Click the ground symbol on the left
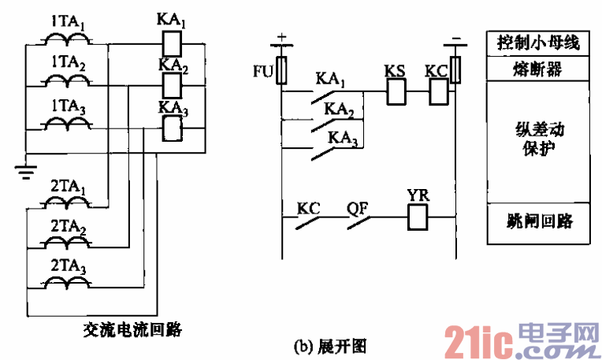tap(26, 168)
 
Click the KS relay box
tap(395, 92)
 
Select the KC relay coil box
tap(437, 92)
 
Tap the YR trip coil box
tap(417, 216)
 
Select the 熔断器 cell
tap(538, 70)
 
